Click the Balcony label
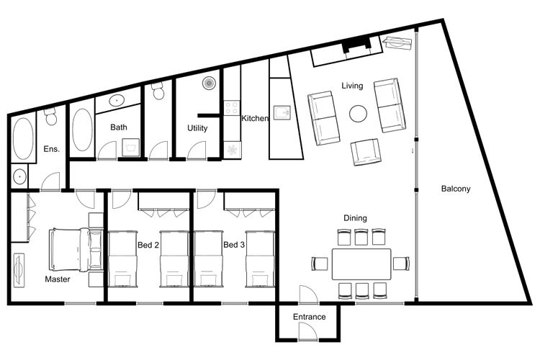[455, 189]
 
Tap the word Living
[352, 86]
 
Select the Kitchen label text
[255, 118]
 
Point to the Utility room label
[197, 128]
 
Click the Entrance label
[310, 317]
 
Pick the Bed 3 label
[234, 245]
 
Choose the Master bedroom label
[58, 279]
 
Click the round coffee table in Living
[358, 114]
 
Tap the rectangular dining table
[361, 264]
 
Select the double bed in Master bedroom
[76, 249]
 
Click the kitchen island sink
[282, 112]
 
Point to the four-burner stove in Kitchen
[232, 107]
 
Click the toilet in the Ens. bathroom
[51, 116]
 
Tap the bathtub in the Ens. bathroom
[23, 139]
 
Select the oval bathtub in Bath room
[82, 130]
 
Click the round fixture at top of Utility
[209, 83]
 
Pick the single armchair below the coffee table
[365, 152]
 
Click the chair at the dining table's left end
[320, 264]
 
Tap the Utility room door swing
[197, 150]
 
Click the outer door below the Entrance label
[308, 331]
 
